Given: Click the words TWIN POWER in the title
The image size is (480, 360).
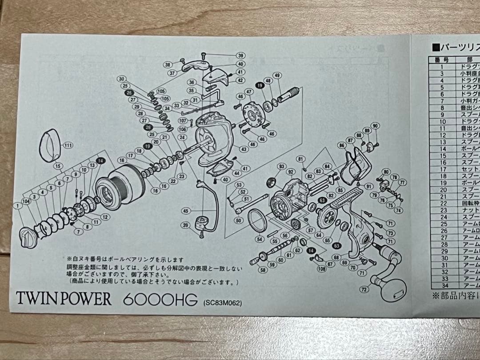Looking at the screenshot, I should coord(64,298).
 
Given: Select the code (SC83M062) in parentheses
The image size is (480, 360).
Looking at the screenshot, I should coord(222,303).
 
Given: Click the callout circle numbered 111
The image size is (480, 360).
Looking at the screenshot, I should coord(68,145).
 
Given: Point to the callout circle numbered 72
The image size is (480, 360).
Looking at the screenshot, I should coord(364,290).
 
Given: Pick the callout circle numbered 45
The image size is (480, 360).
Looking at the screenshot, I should coord(185,211).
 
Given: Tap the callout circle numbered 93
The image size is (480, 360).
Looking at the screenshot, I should coord(281,166).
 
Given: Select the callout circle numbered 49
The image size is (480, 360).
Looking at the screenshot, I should coord(277,75).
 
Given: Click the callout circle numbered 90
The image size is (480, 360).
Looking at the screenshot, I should coord(375,126).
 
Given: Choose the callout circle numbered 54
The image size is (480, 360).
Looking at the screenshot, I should coord(260,239).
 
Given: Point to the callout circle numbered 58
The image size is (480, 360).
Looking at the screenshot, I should coord(263,269).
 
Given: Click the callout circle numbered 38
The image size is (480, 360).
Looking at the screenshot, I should coord(168,64).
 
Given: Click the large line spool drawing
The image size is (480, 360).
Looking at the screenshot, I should coord(117,187).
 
